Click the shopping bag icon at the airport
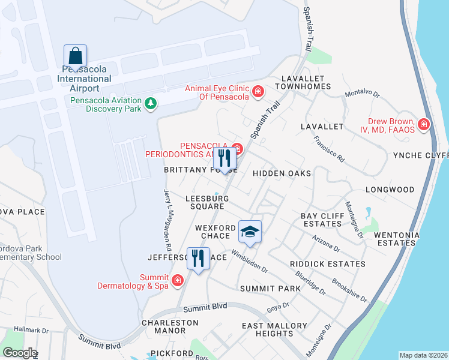tap(75, 56)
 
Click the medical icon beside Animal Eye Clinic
tap(258, 92)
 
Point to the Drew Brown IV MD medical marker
tap(424, 124)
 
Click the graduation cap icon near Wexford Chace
tap(250, 230)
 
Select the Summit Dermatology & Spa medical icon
tap(177, 280)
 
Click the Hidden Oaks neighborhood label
tap(282, 173)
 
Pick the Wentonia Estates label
tap(402, 239)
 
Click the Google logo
tap(20, 353)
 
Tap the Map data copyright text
tap(423, 355)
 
